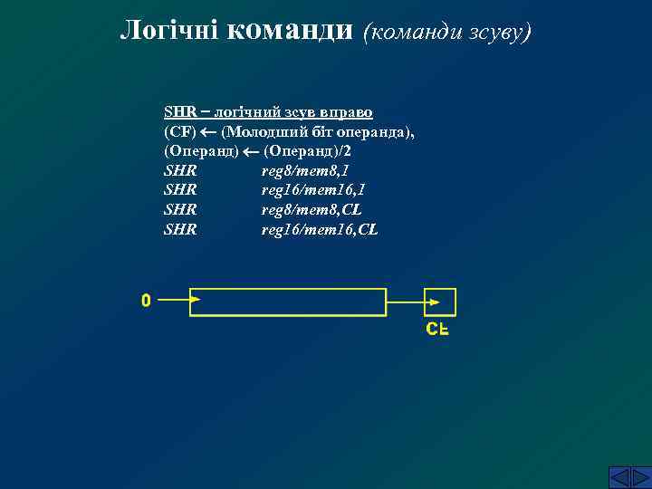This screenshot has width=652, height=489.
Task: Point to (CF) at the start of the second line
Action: [179, 132]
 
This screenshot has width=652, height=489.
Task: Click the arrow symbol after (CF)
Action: [208, 132]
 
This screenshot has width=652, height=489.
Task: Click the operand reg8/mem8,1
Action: [304, 170]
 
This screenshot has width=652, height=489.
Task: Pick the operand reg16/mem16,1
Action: [312, 190]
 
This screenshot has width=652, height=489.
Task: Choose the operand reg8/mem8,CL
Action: [311, 210]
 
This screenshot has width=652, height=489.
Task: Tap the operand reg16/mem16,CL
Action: [319, 230]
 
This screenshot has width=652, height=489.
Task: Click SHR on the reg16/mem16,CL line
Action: [180, 230]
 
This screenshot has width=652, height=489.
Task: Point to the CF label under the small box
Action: [438, 329]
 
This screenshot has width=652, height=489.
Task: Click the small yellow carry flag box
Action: [441, 302]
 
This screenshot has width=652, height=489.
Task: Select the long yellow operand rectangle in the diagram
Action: [288, 302]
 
